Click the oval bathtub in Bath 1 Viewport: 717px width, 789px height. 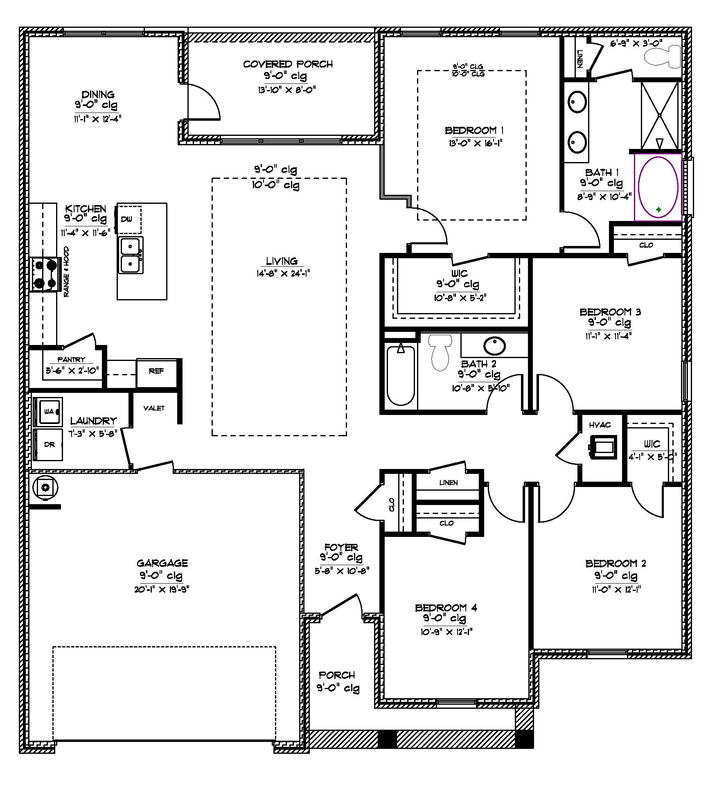658,187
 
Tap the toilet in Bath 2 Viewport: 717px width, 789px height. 440,352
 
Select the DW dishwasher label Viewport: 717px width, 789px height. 127,219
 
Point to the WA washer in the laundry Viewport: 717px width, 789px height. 49,411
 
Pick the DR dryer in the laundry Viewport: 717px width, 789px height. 49,444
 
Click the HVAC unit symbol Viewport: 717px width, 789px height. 602,446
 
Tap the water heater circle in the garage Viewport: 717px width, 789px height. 45,487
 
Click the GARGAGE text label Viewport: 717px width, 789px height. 162,563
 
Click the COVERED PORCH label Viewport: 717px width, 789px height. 288,64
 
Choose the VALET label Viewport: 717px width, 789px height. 154,408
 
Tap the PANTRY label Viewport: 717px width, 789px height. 71,360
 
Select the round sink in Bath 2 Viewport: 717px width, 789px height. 495,346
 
